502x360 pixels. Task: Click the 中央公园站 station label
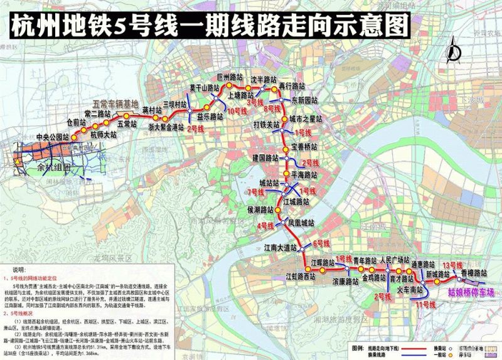[51, 136]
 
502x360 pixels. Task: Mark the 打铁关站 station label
[266, 124]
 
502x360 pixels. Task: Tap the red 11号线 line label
[425, 305]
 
